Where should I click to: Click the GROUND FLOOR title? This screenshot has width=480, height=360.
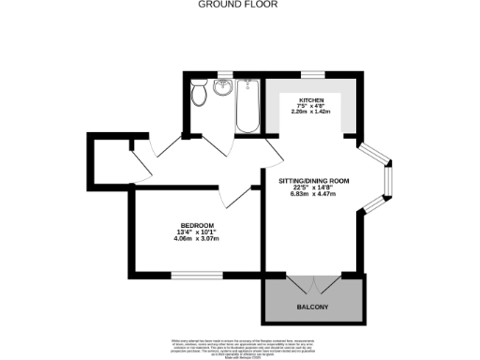239,5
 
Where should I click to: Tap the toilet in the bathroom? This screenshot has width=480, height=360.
199,95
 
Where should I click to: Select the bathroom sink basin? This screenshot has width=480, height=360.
223,89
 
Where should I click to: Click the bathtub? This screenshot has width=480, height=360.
248,106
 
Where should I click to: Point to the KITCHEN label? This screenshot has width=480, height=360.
311,98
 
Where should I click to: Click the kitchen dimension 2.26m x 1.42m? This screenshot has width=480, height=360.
311,112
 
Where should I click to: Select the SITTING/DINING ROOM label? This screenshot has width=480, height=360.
314,180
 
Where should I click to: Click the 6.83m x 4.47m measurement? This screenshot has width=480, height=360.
314,195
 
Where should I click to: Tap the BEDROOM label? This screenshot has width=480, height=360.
198,225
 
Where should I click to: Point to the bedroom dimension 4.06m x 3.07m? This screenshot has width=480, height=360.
198,240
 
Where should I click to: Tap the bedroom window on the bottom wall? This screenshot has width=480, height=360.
184,274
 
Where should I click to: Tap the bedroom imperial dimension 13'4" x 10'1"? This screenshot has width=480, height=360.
198,232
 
